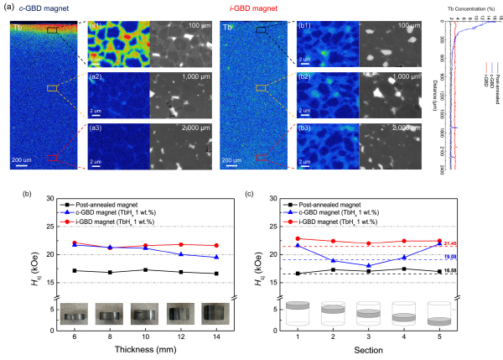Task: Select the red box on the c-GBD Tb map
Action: (53, 156)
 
